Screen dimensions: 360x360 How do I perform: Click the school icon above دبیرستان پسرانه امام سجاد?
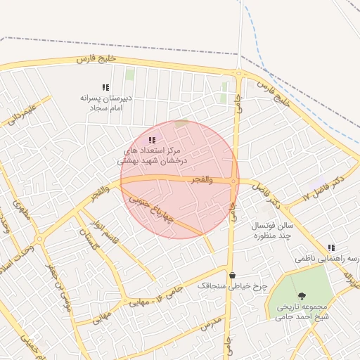point(105,88)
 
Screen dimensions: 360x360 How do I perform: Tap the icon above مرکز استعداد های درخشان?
point(153,141)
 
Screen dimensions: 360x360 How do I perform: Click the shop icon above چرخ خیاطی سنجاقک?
point(232,274)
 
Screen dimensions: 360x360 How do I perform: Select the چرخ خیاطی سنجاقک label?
point(232,287)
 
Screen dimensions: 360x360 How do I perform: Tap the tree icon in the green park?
point(302,296)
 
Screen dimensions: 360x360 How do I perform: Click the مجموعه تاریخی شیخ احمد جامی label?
point(300,311)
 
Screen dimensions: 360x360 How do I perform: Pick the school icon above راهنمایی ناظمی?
point(331,247)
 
